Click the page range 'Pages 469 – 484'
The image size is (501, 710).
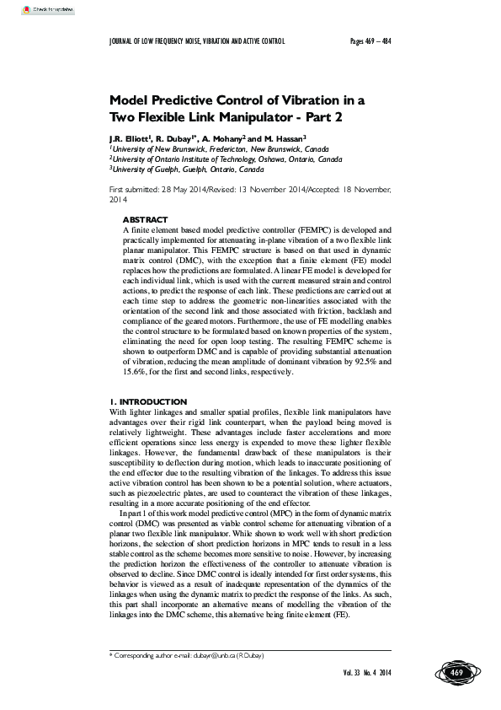click(x=372, y=40)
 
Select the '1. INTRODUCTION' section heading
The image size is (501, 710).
click(x=148, y=401)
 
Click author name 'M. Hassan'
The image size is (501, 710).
click(x=280, y=137)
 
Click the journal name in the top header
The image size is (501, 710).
click(x=198, y=40)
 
